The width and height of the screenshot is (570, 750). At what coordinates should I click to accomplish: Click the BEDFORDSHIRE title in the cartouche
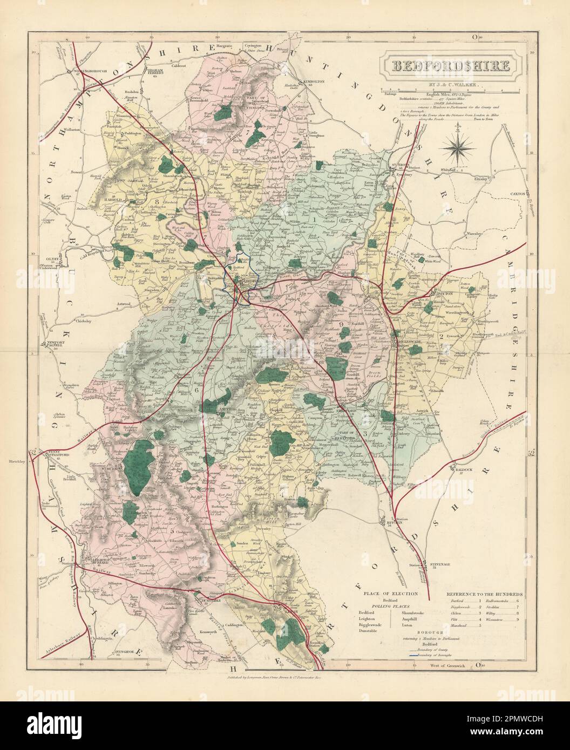point(449,66)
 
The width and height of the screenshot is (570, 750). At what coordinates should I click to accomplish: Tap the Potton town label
point(437,294)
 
